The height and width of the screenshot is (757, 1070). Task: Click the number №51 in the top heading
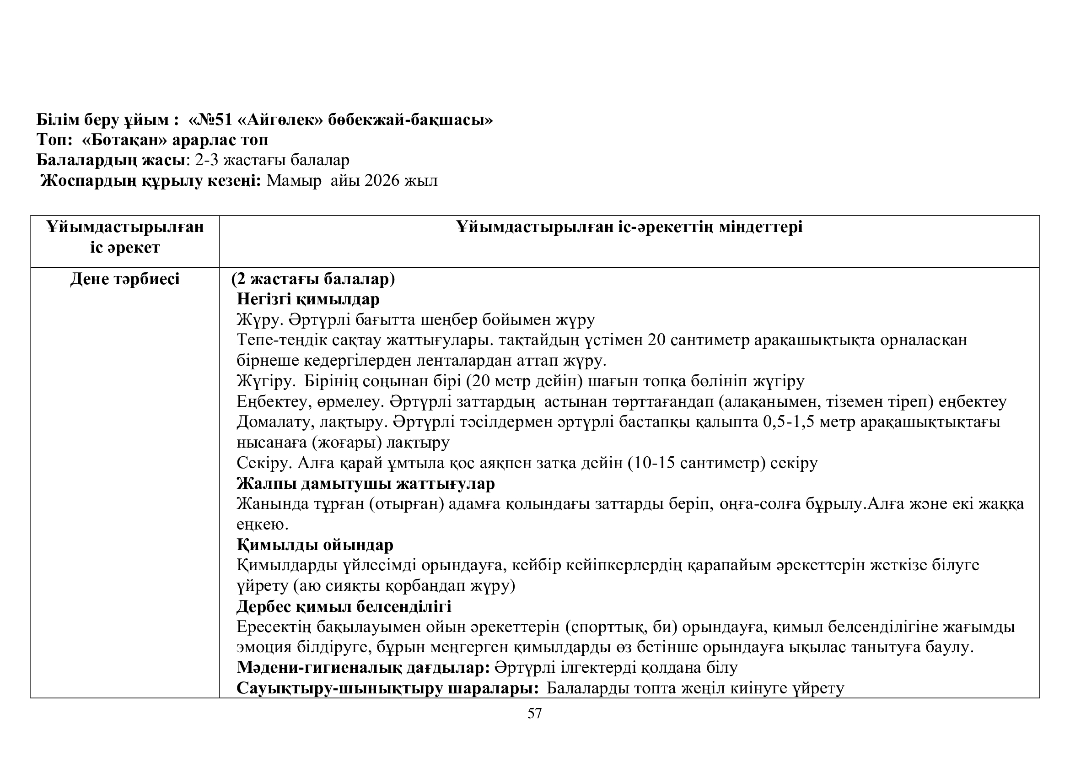(215, 120)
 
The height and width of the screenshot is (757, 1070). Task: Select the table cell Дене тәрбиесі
(125, 279)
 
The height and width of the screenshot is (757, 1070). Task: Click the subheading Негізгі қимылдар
(308, 299)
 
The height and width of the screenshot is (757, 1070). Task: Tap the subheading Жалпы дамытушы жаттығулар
(366, 483)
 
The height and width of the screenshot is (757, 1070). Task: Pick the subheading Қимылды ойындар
(315, 545)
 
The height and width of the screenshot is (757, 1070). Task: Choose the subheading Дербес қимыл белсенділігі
(344, 606)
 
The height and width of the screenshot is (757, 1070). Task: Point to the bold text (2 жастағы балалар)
(313, 279)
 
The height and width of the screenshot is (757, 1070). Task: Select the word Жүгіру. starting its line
(267, 381)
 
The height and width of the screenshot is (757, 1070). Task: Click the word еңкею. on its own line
(263, 524)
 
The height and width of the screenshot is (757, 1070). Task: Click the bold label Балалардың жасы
(111, 160)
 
